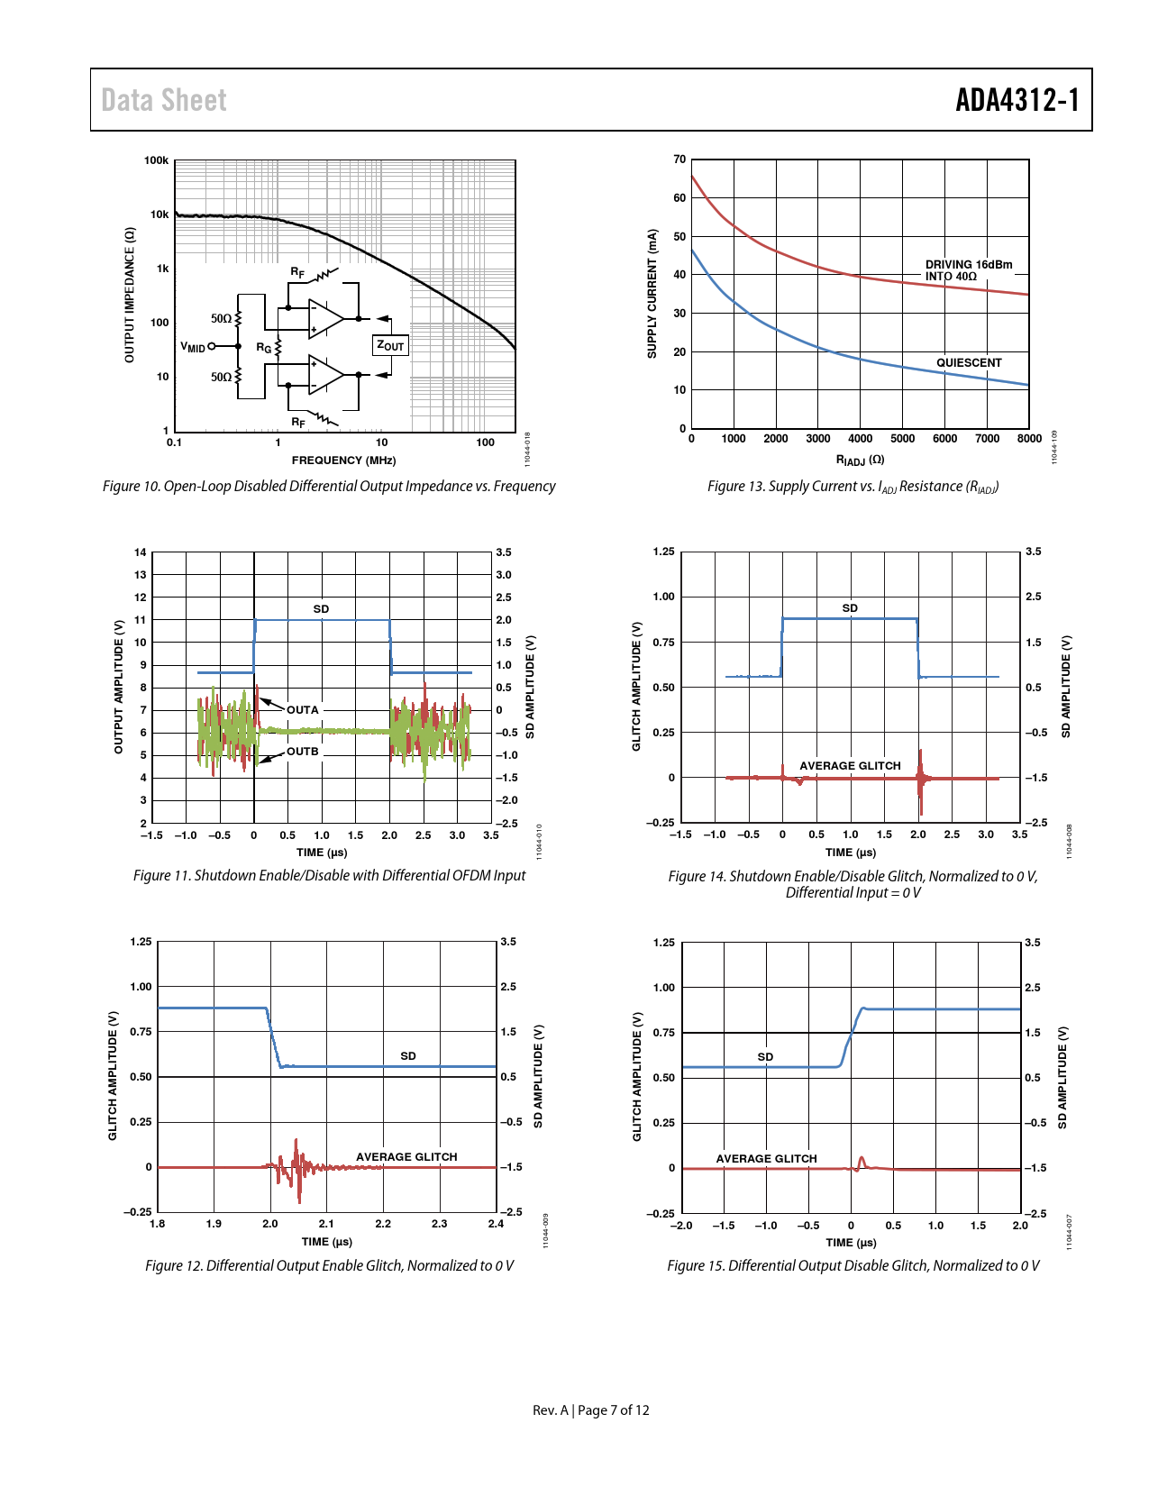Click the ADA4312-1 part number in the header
(x=1017, y=100)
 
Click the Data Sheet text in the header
(x=164, y=100)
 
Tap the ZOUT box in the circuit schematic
(x=390, y=345)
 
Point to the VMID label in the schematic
(x=193, y=347)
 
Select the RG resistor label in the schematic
(x=263, y=347)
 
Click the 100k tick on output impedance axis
(x=157, y=160)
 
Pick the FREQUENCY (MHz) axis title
(x=343, y=461)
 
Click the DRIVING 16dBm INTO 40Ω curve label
(x=968, y=270)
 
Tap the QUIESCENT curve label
(x=969, y=363)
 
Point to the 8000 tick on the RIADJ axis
(x=1029, y=439)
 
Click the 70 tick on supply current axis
(x=679, y=160)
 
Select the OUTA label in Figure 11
(x=303, y=710)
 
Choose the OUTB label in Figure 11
(x=303, y=752)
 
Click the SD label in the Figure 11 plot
(x=321, y=609)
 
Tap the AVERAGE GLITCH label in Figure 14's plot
(x=850, y=766)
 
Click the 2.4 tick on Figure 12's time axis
(x=496, y=1224)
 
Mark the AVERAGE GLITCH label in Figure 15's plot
(x=766, y=1159)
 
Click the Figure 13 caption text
(x=853, y=487)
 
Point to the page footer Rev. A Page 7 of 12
(x=590, y=1410)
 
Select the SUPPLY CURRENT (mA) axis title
(x=652, y=294)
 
